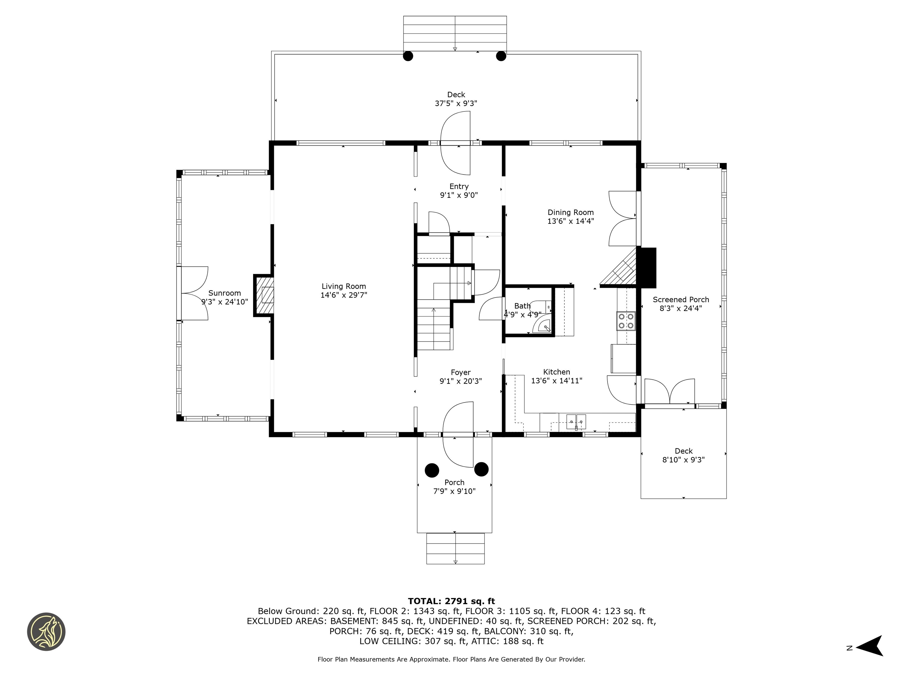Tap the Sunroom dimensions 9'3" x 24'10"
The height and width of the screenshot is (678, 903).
pos(225,302)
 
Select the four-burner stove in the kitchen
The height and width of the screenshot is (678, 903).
pos(626,321)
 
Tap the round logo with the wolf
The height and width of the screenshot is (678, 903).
pos(46,632)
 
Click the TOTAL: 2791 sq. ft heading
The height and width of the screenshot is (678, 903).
pos(451,601)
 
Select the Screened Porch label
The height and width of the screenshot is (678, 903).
pos(680,300)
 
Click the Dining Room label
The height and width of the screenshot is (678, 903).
pos(570,212)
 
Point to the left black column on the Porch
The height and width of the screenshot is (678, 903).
pos(432,470)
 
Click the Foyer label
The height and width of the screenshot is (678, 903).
pos(461,372)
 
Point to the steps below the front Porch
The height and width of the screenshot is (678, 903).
pos(455,549)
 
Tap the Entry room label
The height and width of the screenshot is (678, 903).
pos(459,186)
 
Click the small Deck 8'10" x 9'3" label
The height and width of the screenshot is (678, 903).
pos(683,455)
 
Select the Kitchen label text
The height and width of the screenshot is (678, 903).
pos(556,372)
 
